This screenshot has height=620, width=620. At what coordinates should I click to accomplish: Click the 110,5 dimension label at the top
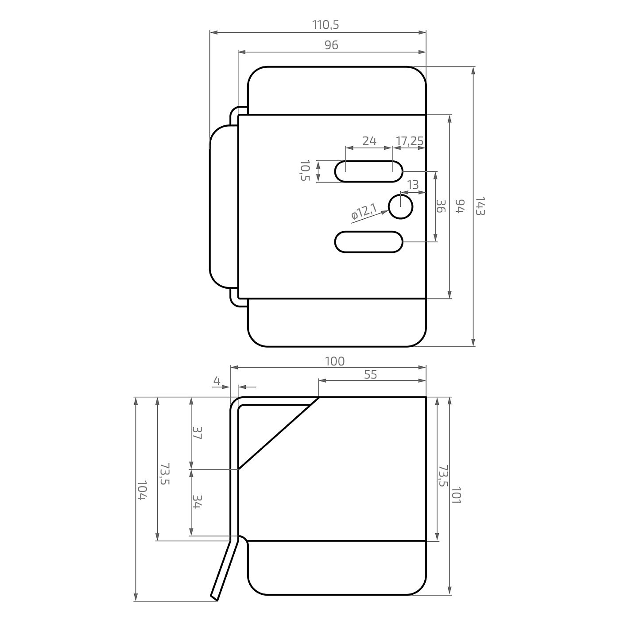(x=326, y=25)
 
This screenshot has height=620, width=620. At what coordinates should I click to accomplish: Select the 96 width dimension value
(x=331, y=45)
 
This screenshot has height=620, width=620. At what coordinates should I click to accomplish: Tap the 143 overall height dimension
(x=480, y=206)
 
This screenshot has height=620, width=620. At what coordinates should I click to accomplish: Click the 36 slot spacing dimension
(x=441, y=206)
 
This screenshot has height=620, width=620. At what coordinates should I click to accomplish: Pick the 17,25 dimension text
(x=409, y=140)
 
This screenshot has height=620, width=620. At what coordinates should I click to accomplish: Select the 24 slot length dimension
(x=369, y=140)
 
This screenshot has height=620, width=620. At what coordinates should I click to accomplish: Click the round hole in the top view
(x=401, y=207)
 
